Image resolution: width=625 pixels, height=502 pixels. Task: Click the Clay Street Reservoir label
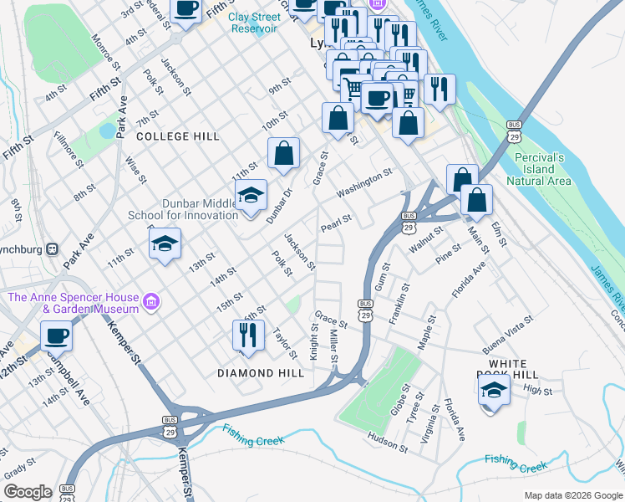click(x=253, y=23)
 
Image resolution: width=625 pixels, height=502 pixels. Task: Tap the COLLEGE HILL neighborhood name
click(x=178, y=136)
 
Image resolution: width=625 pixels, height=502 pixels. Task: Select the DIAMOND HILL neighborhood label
click(x=261, y=373)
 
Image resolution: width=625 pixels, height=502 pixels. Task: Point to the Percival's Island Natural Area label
click(x=539, y=169)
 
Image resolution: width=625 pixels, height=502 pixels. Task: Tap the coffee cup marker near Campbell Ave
click(x=56, y=336)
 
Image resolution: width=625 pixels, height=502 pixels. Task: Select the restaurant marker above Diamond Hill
click(x=248, y=336)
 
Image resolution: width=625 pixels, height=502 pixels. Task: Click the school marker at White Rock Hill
click(x=494, y=390)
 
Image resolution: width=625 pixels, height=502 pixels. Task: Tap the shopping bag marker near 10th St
click(x=284, y=153)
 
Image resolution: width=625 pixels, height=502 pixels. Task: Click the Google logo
click(x=28, y=492)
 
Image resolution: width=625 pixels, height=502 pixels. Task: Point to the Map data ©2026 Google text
click(x=572, y=495)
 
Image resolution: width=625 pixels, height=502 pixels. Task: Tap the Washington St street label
click(x=364, y=185)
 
